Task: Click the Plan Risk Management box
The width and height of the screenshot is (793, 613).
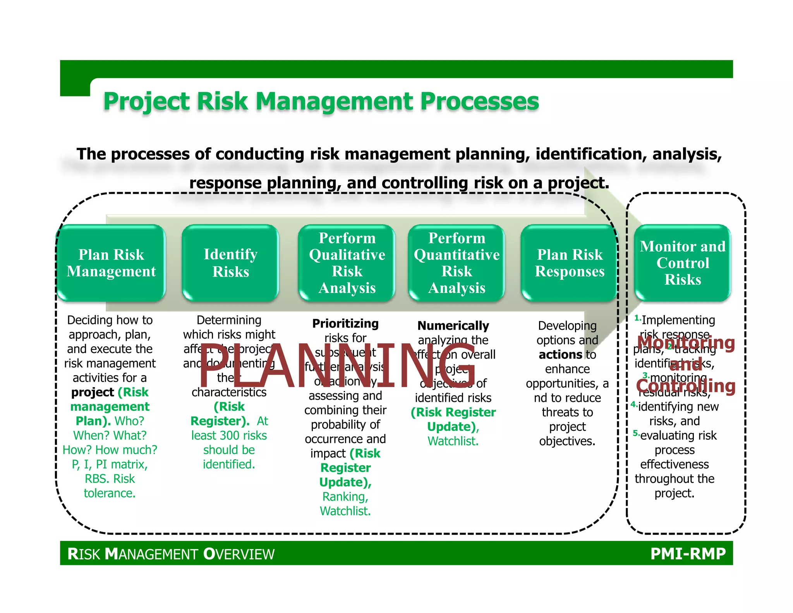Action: click(x=111, y=263)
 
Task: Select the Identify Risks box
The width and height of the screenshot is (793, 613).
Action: click(x=230, y=263)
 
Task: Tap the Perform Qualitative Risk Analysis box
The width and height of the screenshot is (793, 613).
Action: click(x=347, y=263)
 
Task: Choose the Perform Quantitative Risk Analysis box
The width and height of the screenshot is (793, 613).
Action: click(x=457, y=263)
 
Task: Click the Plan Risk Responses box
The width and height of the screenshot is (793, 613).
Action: click(x=570, y=263)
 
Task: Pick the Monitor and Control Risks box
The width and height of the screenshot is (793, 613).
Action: click(x=682, y=263)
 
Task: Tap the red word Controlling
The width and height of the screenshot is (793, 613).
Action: click(x=685, y=386)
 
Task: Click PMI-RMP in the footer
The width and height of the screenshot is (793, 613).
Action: click(x=688, y=554)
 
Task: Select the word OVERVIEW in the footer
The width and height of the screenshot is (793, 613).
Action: click(x=239, y=554)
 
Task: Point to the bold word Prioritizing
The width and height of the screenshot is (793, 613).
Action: click(x=345, y=324)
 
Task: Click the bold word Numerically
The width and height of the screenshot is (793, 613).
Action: click(x=453, y=325)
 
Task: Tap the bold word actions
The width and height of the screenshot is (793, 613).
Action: click(x=560, y=355)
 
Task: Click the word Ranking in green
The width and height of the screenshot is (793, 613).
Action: click(x=344, y=497)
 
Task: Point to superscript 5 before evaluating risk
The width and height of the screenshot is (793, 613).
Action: click(x=635, y=433)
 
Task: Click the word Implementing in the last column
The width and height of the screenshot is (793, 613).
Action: click(x=678, y=320)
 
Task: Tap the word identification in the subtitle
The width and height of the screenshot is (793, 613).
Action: click(x=591, y=154)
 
